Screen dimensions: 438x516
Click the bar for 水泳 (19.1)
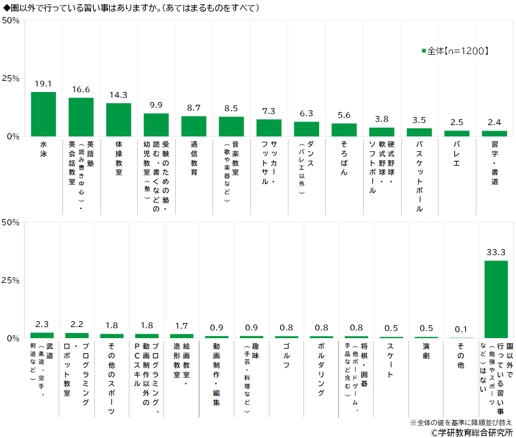point(43,114)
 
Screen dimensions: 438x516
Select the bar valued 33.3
point(495,299)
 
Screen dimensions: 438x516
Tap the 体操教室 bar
point(118,120)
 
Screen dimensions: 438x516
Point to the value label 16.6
point(81,89)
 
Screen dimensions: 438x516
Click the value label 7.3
point(269,111)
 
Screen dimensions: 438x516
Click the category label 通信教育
point(194,158)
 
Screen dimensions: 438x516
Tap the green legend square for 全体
point(424,51)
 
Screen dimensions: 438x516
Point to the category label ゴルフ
point(286,358)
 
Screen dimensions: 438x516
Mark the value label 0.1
point(461,329)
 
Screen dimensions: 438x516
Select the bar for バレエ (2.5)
point(457,133)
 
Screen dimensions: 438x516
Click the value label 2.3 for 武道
point(42,324)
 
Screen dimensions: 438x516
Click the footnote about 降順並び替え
point(461,422)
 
